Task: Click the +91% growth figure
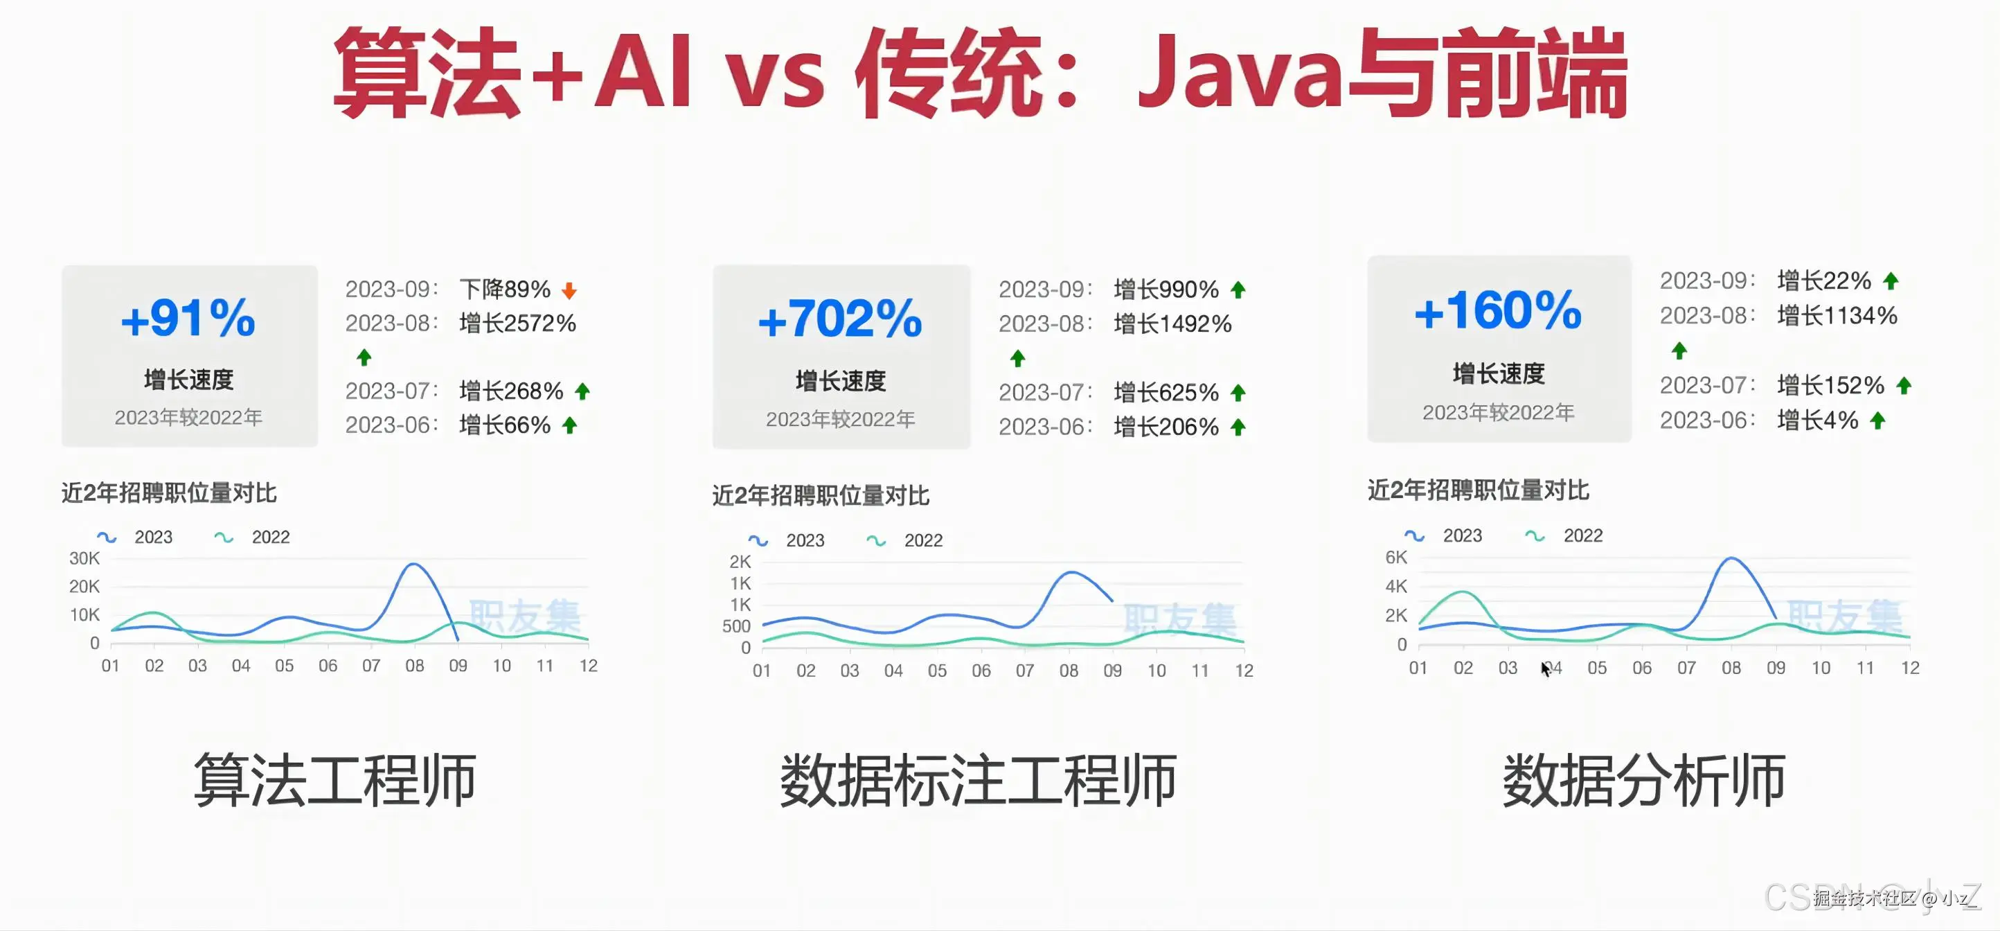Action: pyautogui.click(x=188, y=319)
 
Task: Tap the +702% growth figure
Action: pyautogui.click(x=840, y=320)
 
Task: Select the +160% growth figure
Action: pyautogui.click(x=1498, y=311)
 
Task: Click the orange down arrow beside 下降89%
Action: pyautogui.click(x=569, y=290)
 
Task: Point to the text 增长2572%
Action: pyautogui.click(x=517, y=323)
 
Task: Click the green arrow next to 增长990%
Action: pyautogui.click(x=1238, y=290)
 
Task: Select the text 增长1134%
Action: pyautogui.click(x=1837, y=315)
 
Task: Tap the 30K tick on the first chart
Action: pyautogui.click(x=84, y=558)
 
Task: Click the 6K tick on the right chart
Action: pyautogui.click(x=1396, y=557)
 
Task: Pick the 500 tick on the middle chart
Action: pyautogui.click(x=736, y=626)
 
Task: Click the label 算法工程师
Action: pyautogui.click(x=334, y=779)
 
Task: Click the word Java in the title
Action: pyautogui.click(x=1239, y=73)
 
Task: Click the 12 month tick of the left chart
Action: pyautogui.click(x=589, y=666)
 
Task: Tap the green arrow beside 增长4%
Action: pyautogui.click(x=1878, y=421)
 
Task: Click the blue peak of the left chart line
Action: pyautogui.click(x=414, y=565)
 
